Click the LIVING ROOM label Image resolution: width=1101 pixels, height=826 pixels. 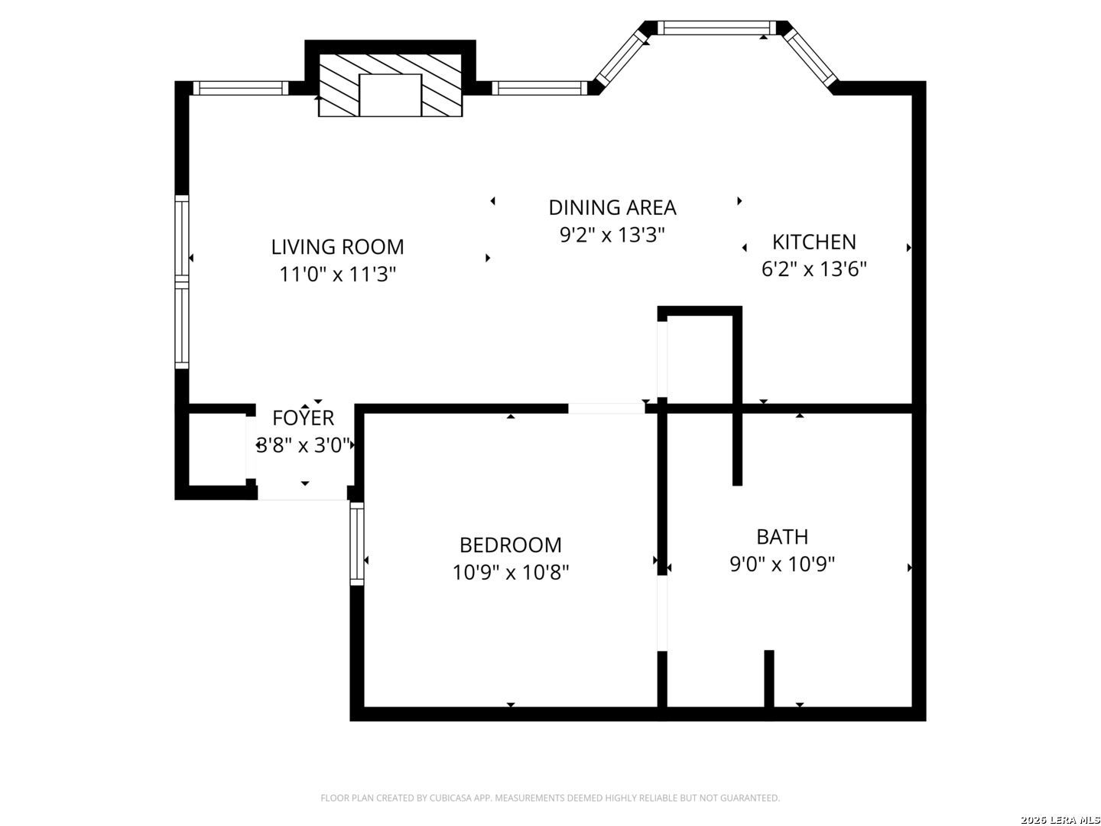337,247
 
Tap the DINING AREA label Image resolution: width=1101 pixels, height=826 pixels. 612,207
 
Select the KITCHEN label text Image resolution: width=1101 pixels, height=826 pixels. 814,242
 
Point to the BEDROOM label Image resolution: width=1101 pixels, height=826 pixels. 511,545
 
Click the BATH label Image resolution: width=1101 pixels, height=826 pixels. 782,537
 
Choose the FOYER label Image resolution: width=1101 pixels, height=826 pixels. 303,418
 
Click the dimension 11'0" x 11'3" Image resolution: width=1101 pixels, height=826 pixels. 338,275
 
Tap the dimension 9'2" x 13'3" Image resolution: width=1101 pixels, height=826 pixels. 612,235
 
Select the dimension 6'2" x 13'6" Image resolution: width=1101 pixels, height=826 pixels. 814,269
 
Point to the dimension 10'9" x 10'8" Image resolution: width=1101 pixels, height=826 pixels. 511,572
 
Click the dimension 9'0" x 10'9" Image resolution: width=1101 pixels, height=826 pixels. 782,564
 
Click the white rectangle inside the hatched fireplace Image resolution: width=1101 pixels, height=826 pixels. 390,96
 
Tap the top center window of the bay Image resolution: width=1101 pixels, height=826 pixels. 716,28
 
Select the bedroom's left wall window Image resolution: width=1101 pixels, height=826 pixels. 356,544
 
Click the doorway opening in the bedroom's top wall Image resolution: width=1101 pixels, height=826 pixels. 606,408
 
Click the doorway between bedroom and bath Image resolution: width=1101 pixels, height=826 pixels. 662,613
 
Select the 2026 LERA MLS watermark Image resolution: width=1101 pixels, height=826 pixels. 1060,820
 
